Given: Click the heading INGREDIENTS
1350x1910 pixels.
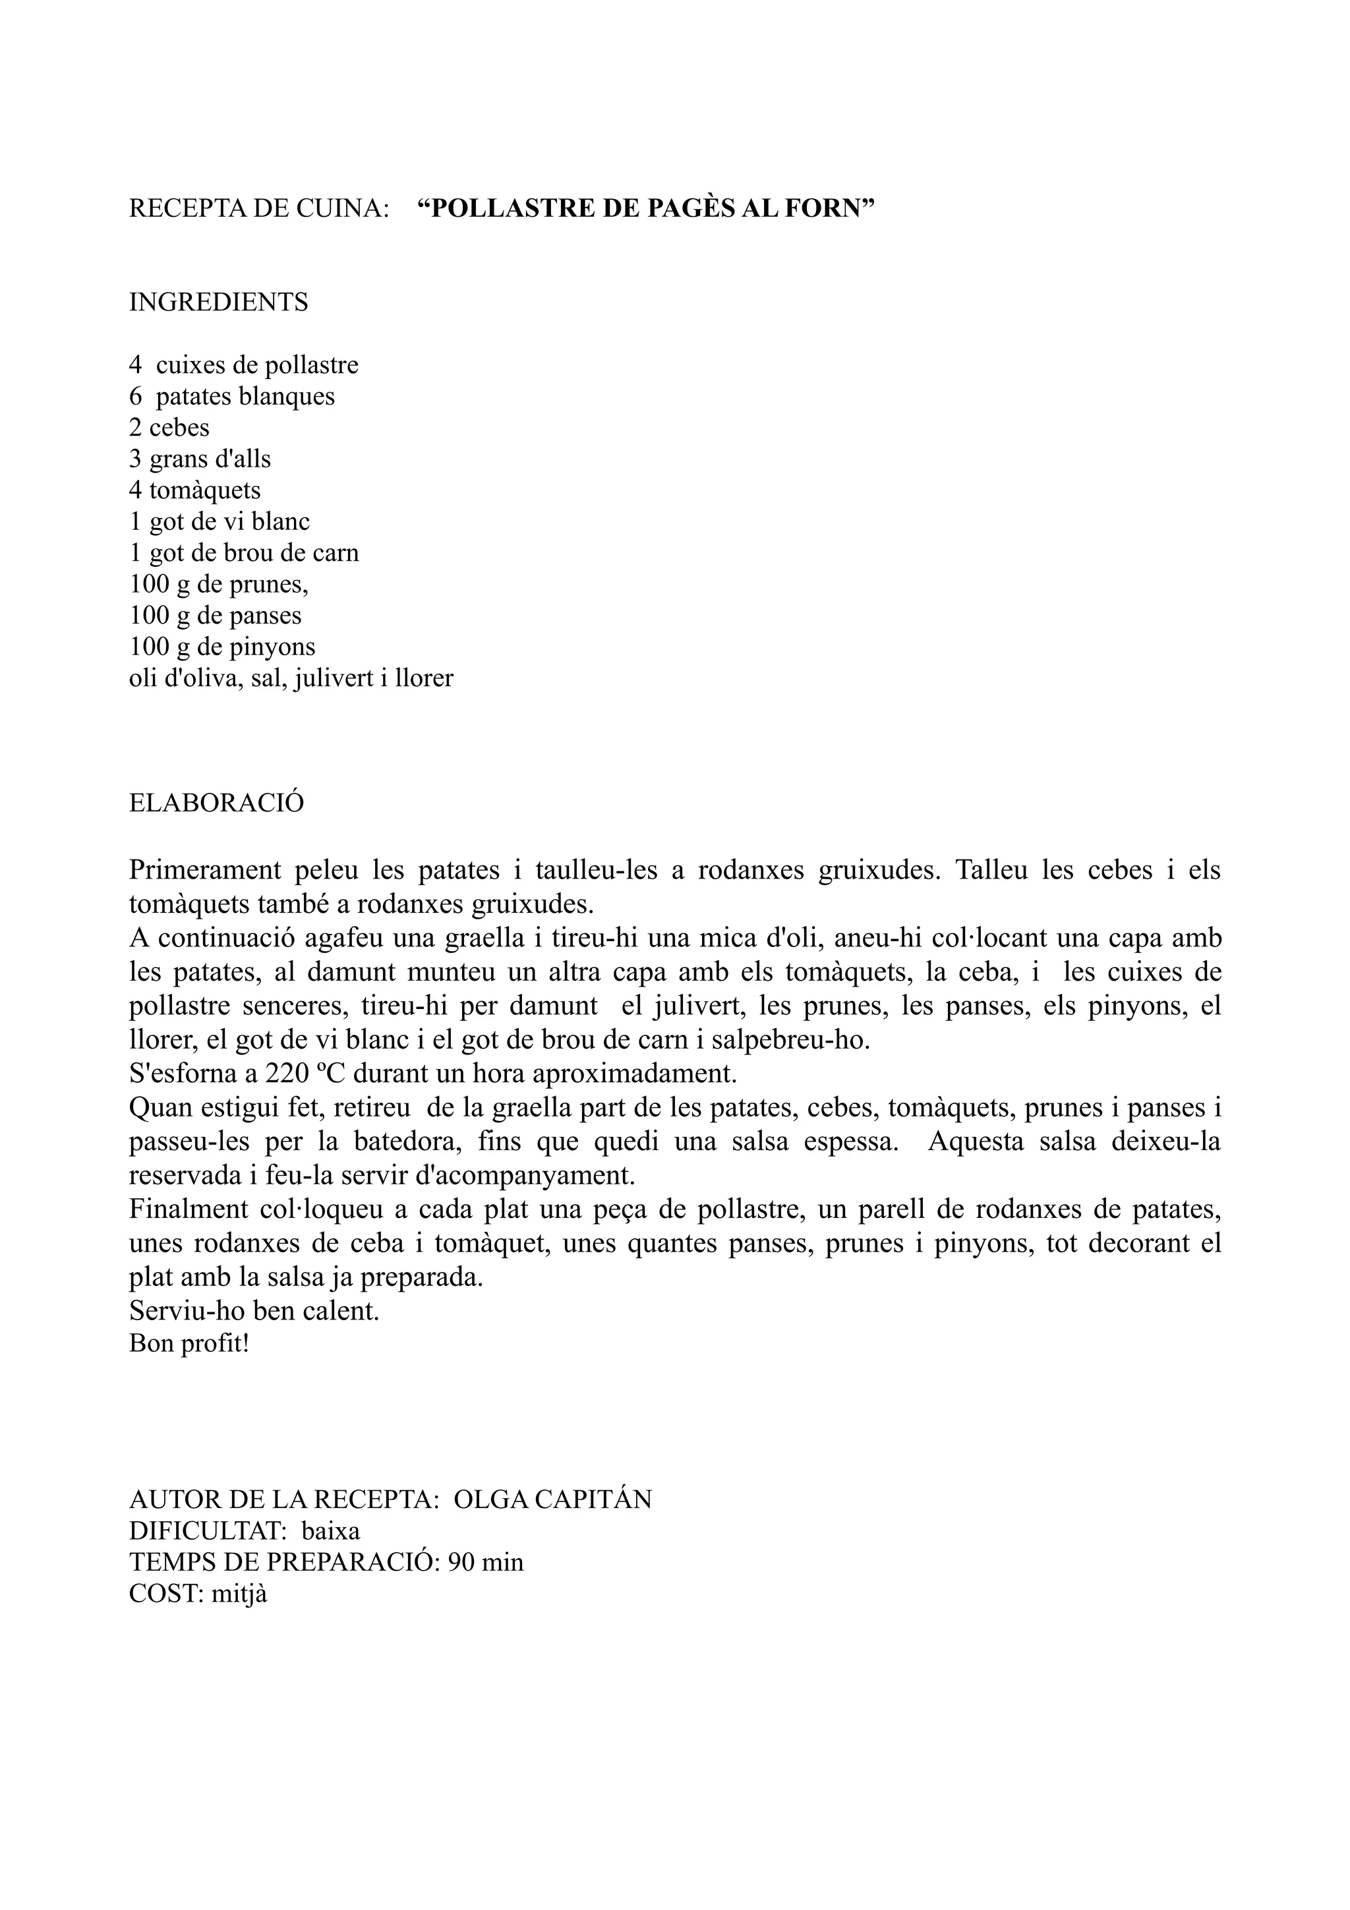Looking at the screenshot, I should (x=218, y=302).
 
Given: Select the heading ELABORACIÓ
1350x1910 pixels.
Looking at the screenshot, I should (x=216, y=803).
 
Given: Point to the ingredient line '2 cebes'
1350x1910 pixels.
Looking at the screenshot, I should (x=169, y=428).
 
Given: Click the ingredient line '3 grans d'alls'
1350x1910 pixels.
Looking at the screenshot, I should (x=200, y=458).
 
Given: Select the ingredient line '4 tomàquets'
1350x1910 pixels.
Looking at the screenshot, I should (x=194, y=490).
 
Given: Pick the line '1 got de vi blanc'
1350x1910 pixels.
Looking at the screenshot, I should (x=219, y=521).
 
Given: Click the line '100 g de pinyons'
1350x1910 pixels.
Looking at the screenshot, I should (x=222, y=647).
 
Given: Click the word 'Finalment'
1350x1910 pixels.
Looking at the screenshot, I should (x=188, y=1209).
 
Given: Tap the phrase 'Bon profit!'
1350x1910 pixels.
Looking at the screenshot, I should (x=189, y=1343).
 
